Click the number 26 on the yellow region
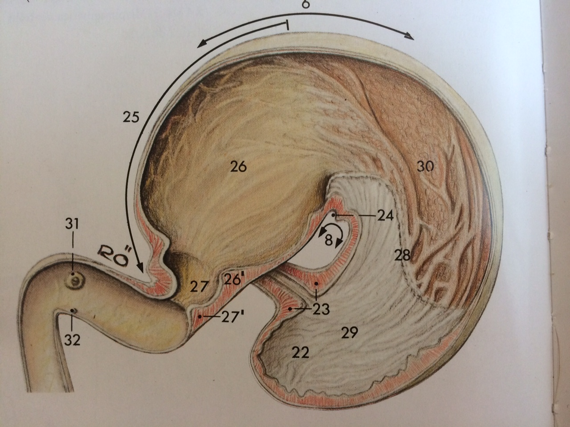(238, 167)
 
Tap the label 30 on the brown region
(425, 167)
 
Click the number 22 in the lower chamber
(301, 352)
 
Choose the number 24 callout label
(383, 216)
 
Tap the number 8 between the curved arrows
(328, 241)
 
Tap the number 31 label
(72, 225)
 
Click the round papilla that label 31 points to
(77, 280)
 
